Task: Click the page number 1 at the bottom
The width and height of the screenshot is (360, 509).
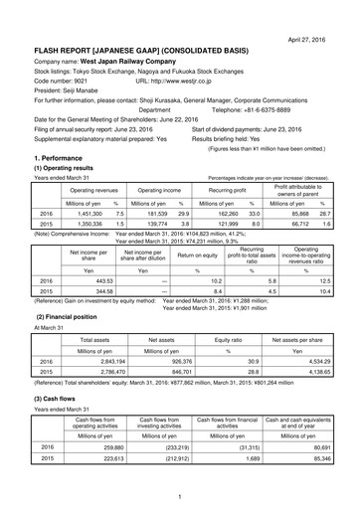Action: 180,497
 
